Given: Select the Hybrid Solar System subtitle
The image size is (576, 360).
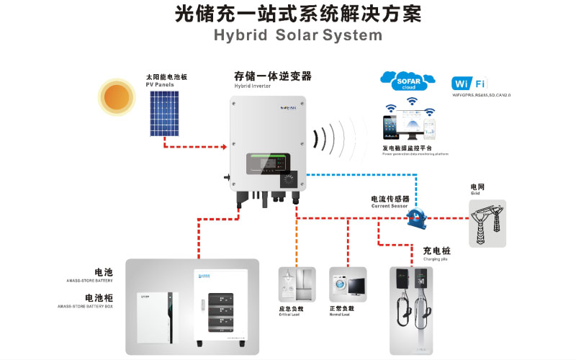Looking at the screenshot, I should click(x=287, y=35).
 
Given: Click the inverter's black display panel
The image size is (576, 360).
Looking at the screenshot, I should click(x=266, y=167).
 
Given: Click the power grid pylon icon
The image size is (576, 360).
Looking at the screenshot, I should click(x=487, y=222).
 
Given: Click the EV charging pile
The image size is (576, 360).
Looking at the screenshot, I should click(x=410, y=302).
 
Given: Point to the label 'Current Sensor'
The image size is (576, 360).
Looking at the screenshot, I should click(x=390, y=206).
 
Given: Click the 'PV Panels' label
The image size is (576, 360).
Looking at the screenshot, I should click(x=160, y=84).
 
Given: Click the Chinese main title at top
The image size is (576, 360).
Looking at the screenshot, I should click(x=287, y=14).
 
